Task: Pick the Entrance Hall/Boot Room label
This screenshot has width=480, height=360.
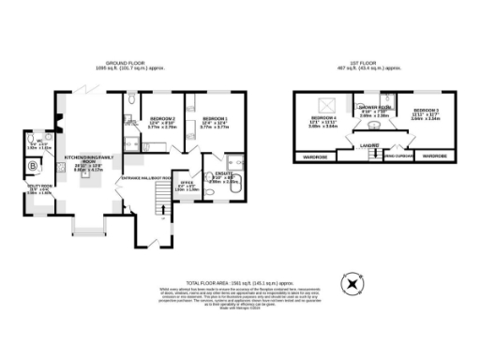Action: (x=145, y=177)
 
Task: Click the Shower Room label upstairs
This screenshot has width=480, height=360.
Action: (x=374, y=107)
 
